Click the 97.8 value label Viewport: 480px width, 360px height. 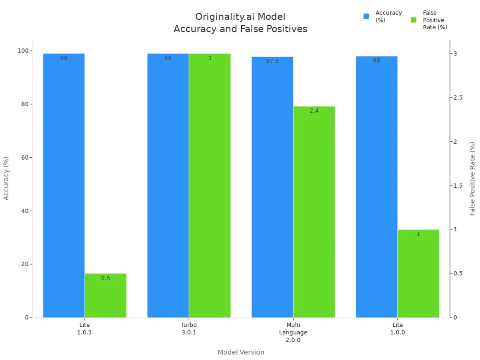point(272,61)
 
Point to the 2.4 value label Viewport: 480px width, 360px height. point(314,111)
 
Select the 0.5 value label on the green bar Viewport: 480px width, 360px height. point(105,278)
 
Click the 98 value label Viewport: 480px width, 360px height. point(376,61)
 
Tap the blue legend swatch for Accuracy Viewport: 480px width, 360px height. point(366,16)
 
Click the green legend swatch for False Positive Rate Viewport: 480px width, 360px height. point(414,20)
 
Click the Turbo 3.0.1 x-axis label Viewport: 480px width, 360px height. point(189,328)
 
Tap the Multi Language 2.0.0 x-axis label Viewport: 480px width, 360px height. point(293,332)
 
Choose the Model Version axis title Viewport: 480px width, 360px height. point(241,352)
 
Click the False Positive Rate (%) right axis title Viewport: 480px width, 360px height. point(472,178)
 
